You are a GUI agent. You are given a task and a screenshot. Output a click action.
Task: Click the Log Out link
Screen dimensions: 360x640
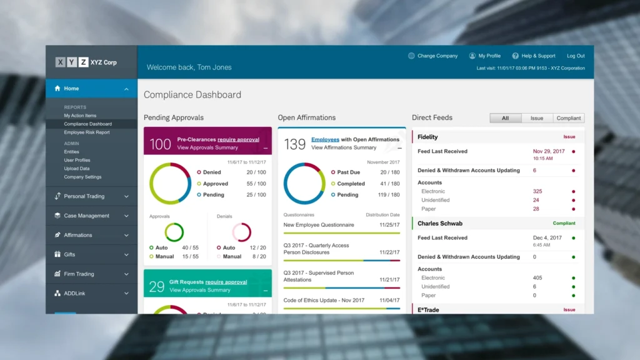pos(576,56)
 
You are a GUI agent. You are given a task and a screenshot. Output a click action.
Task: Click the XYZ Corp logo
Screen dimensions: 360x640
pos(86,62)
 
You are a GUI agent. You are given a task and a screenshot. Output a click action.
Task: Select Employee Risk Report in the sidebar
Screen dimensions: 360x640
pos(86,132)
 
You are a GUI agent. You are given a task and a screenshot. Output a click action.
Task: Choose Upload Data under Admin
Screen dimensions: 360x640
pos(76,169)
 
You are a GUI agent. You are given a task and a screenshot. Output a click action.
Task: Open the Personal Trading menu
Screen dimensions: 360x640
pos(84,196)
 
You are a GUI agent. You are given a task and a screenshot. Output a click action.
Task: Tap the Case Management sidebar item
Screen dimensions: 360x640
pos(86,216)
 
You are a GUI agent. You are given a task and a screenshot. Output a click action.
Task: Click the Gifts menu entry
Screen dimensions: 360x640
pos(69,254)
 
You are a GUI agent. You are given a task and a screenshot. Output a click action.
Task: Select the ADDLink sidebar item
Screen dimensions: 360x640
pos(74,293)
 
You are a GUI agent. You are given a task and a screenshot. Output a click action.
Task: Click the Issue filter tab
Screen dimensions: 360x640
pos(537,118)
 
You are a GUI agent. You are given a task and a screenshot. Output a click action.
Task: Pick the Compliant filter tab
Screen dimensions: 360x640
pos(569,118)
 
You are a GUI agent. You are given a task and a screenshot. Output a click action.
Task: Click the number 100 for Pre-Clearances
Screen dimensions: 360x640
pos(160,144)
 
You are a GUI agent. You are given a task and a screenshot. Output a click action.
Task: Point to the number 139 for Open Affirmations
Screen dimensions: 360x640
pos(294,144)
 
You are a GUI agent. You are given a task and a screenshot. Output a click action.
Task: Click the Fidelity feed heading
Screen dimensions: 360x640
pos(427,137)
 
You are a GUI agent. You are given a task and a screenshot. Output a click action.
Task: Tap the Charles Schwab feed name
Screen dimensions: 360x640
pos(440,223)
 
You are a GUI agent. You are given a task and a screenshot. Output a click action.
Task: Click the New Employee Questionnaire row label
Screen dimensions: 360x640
pos(319,225)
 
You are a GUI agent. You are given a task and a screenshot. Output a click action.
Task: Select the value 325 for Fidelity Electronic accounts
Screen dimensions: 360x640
pos(537,191)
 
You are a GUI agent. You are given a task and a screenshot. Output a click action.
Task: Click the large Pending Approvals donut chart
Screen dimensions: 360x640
pos(170,184)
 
